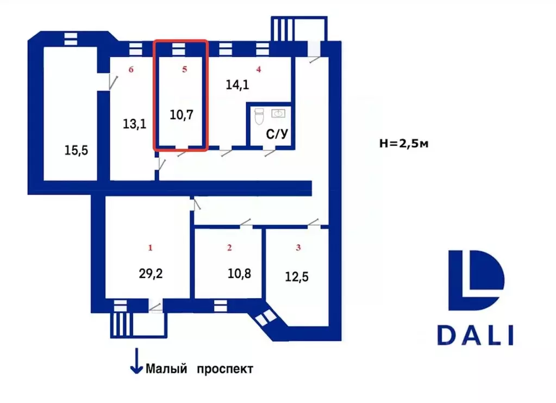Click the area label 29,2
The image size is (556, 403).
[151, 274]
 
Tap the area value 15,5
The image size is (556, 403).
[76, 151]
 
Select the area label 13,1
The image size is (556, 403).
[134, 124]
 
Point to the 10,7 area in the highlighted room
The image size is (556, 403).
[181, 115]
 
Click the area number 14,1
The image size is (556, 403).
[237, 85]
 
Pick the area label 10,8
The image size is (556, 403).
[239, 274]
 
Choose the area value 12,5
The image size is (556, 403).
[297, 277]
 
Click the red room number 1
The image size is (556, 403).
[151, 247]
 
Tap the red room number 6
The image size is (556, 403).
[131, 69]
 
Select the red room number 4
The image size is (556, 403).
[259, 69]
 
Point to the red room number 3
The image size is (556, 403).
[298, 247]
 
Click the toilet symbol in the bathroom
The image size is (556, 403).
[259, 117]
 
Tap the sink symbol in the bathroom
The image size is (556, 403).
[278, 114]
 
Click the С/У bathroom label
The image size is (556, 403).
[277, 134]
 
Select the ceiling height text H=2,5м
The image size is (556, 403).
[404, 144]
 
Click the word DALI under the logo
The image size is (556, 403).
[475, 335]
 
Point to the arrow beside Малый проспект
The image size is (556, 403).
[136, 361]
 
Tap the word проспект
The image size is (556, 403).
[225, 369]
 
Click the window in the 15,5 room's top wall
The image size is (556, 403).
[71, 39]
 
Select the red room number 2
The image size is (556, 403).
[229, 247]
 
